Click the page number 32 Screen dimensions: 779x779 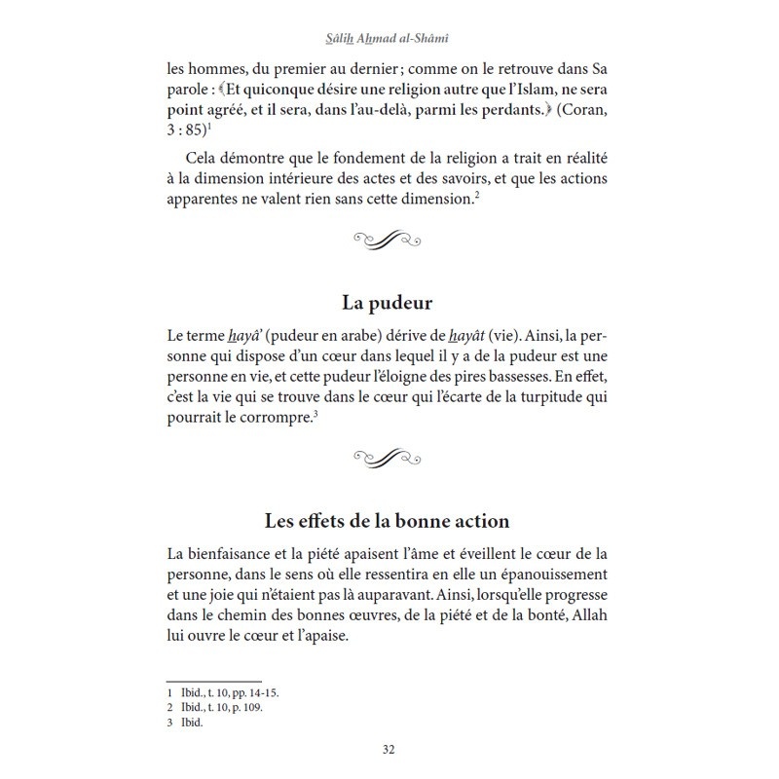coord(389,750)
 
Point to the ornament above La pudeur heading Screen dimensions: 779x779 coord(389,237)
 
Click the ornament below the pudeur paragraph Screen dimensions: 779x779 coord(389,455)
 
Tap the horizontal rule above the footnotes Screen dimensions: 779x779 coord(214,680)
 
